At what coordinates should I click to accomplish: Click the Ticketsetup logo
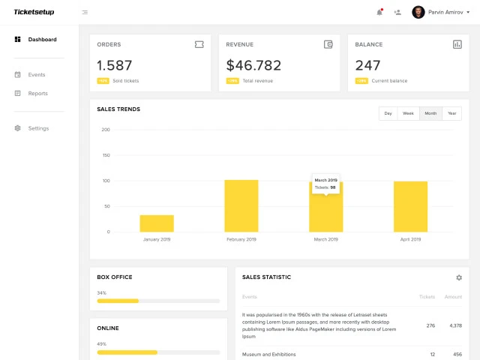pyautogui.click(x=34, y=12)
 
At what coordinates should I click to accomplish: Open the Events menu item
pyautogui.click(x=37, y=75)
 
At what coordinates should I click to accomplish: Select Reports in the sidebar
pyautogui.click(x=37, y=94)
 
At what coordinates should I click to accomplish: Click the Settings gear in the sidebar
pyautogui.click(x=18, y=128)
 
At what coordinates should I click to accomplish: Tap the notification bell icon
pyautogui.click(x=379, y=12)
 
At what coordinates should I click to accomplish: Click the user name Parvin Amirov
pyautogui.click(x=445, y=12)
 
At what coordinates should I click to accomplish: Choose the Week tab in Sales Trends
pyautogui.click(x=408, y=113)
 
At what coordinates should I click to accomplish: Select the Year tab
pyautogui.click(x=451, y=113)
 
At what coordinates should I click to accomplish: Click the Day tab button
pyautogui.click(x=388, y=113)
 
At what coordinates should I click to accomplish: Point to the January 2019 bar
pyautogui.click(x=157, y=223)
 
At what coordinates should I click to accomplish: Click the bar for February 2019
pyautogui.click(x=241, y=205)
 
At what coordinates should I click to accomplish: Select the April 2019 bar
pyautogui.click(x=410, y=206)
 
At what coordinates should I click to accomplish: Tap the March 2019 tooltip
pyautogui.click(x=325, y=184)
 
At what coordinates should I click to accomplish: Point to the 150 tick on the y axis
pyautogui.click(x=106, y=155)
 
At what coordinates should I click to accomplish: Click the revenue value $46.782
pyautogui.click(x=253, y=65)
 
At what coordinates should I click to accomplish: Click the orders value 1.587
pyautogui.click(x=115, y=65)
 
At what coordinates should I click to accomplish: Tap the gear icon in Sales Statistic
pyautogui.click(x=459, y=277)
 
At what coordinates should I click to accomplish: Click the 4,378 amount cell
pyautogui.click(x=454, y=325)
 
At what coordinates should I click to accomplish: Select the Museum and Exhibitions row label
pyautogui.click(x=268, y=354)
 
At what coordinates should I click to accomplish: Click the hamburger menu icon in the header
pyautogui.click(x=85, y=12)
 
